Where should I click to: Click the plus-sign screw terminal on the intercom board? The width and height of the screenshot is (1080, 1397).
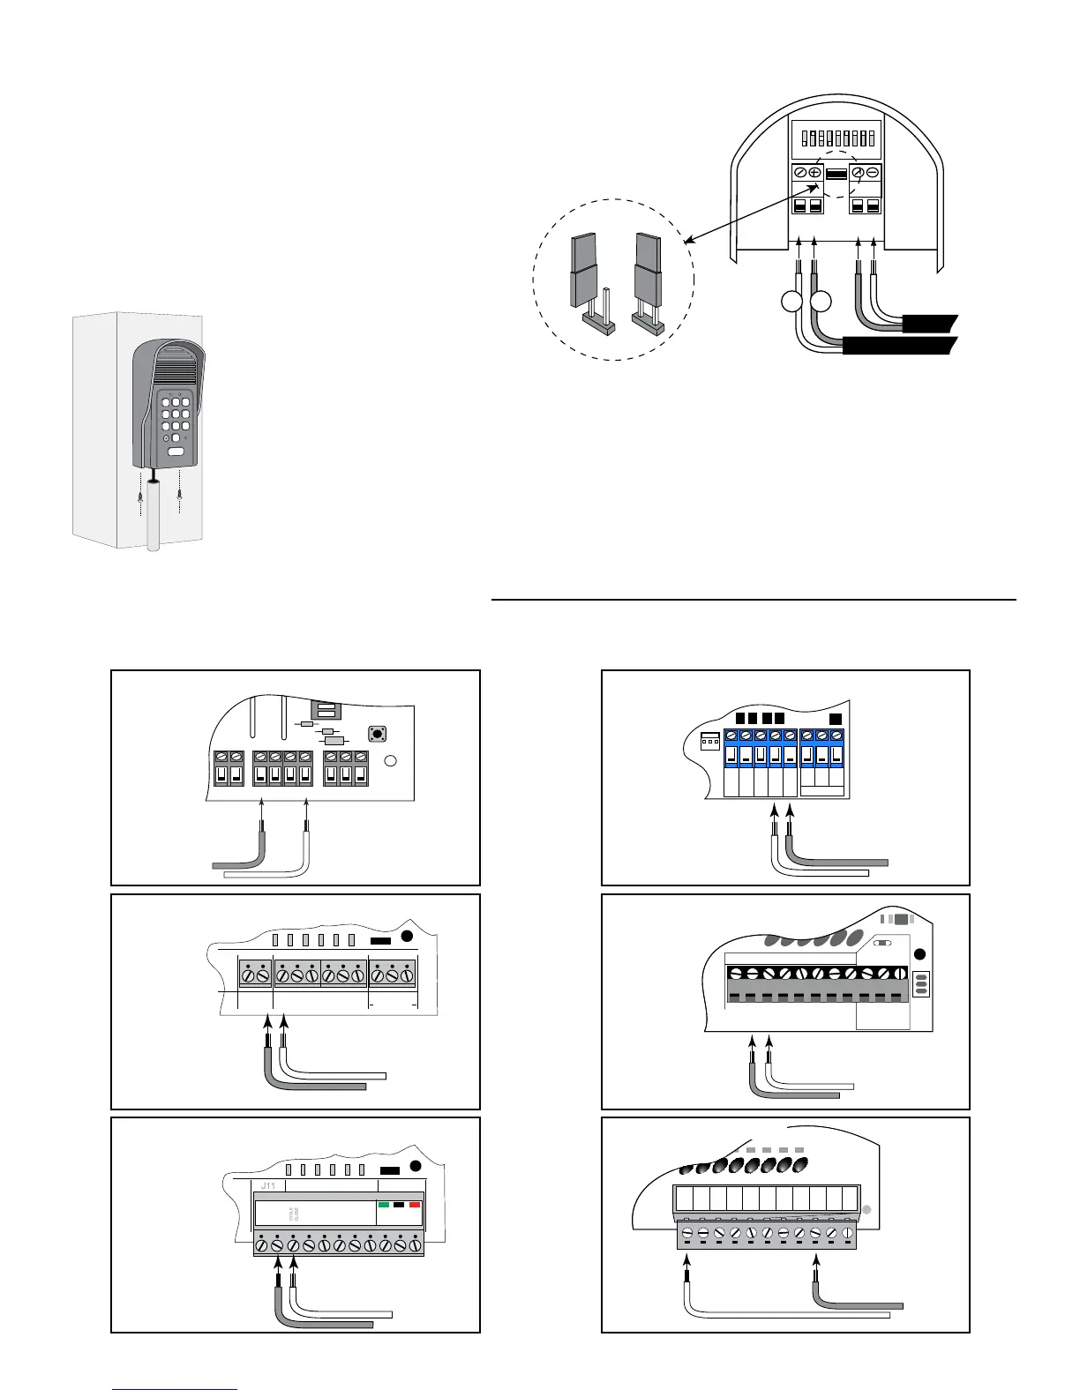pyautogui.click(x=815, y=174)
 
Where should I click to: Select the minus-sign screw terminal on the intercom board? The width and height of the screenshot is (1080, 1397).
pyautogui.click(x=873, y=174)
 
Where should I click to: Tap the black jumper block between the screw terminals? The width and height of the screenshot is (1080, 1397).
pyautogui.click(x=836, y=175)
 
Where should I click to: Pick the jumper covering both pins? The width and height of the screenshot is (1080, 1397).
pyautogui.click(x=647, y=279)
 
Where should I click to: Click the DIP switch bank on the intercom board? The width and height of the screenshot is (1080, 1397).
pyautogui.click(x=834, y=139)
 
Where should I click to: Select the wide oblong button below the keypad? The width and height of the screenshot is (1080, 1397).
pyautogui.click(x=176, y=453)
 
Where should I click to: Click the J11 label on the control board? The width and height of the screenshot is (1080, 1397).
pyautogui.click(x=268, y=1186)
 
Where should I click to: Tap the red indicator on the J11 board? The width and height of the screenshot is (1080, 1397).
pyautogui.click(x=414, y=1204)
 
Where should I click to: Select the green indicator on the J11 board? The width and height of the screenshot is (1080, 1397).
pyautogui.click(x=384, y=1204)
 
